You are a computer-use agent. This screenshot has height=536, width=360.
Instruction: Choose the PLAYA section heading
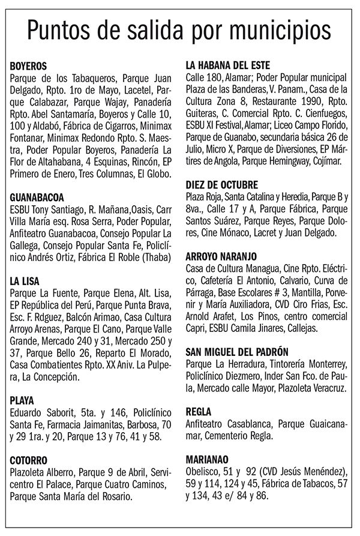pos(22,400)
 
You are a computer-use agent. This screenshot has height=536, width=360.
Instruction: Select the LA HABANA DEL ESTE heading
pos(228,65)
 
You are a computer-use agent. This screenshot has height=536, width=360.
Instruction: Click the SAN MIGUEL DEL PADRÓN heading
pos(238,351)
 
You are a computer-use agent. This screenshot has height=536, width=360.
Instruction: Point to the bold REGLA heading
pos(201,411)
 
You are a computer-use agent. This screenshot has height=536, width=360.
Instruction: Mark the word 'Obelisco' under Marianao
pos(204,471)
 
